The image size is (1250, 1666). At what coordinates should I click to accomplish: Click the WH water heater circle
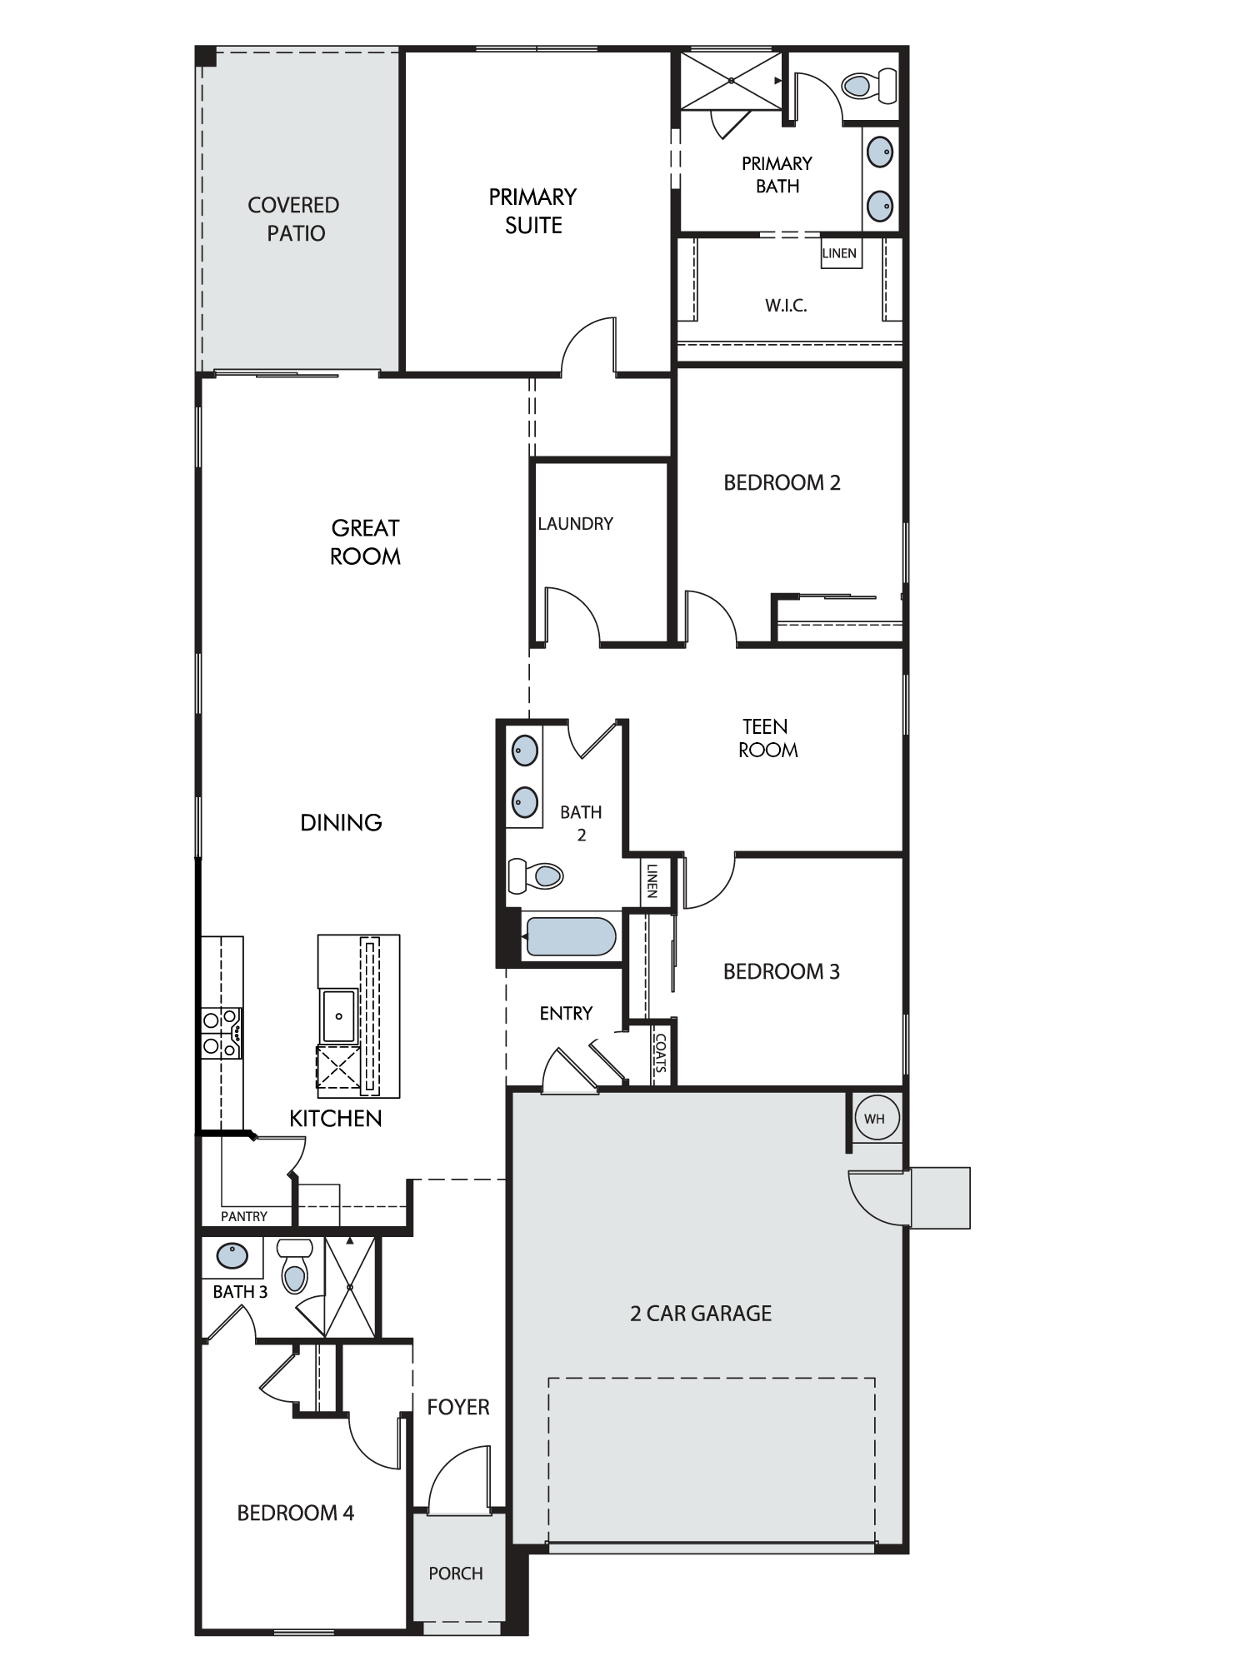coord(874,1118)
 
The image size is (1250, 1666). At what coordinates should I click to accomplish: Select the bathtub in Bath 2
coord(572,936)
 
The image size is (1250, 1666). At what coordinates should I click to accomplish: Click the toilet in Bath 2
coord(536,875)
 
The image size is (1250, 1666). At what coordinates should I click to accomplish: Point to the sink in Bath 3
coord(232,1255)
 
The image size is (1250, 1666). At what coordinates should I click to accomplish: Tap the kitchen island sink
coord(338,1015)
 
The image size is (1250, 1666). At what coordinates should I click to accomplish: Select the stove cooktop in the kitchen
coord(222,1033)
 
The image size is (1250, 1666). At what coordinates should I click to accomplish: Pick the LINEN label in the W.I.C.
coord(839,253)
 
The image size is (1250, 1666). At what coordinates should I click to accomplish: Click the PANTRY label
coord(244,1216)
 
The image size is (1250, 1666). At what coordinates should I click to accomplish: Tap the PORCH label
coord(456,1574)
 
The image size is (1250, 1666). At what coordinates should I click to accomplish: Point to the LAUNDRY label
coord(575,524)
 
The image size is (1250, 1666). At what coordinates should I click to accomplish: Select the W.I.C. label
coord(786,306)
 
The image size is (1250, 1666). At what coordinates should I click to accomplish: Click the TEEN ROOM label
coord(767,738)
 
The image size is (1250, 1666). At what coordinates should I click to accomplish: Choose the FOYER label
coord(458,1407)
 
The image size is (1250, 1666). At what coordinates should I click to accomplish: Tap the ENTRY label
coord(566,1013)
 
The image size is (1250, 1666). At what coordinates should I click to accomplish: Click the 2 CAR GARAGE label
coord(701,1314)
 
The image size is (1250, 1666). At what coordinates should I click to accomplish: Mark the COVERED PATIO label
coord(294,219)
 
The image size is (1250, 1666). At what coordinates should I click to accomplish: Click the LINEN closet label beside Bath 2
coord(652,880)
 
